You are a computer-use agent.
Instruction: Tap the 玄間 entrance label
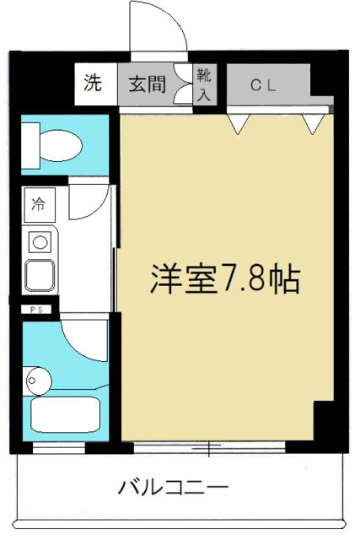click(147, 84)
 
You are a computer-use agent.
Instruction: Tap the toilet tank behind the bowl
click(30, 144)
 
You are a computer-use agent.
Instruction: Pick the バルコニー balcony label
click(172, 487)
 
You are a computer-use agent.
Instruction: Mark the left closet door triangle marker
click(240, 125)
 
